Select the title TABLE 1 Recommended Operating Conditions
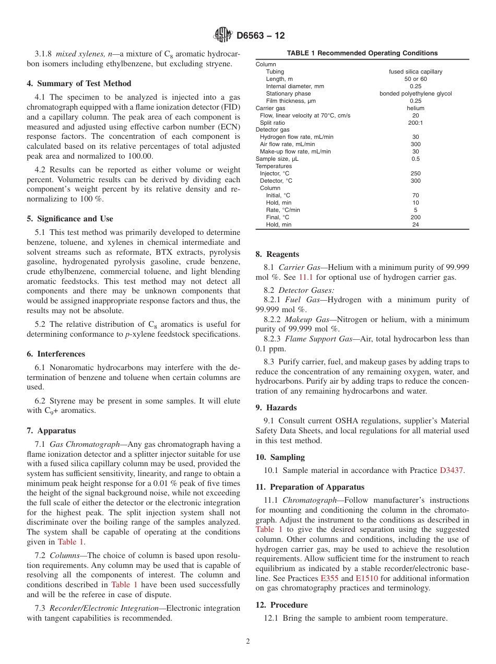(362, 53)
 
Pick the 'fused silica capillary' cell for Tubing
(416, 72)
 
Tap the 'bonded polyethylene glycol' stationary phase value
(416, 93)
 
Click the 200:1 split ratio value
(416, 123)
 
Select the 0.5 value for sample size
(416, 159)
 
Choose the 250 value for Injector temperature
(416, 173)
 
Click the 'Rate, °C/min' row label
(283, 210)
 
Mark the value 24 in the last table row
(416, 224)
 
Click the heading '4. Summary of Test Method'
(79, 84)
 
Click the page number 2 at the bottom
(248, 642)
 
